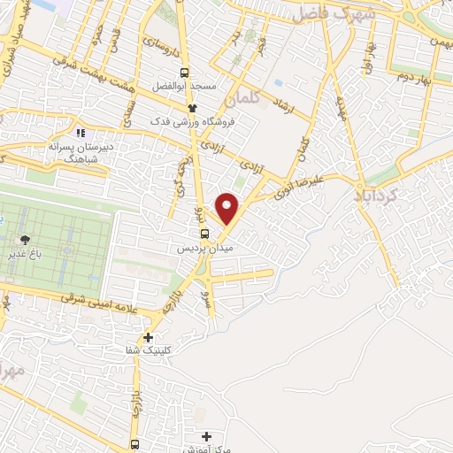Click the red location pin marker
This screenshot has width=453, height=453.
pos(228,208)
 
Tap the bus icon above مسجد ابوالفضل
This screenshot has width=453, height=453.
pos(184,73)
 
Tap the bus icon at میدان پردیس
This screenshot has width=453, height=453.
pos(205,234)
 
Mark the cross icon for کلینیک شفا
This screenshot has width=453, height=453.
pos(148,337)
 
